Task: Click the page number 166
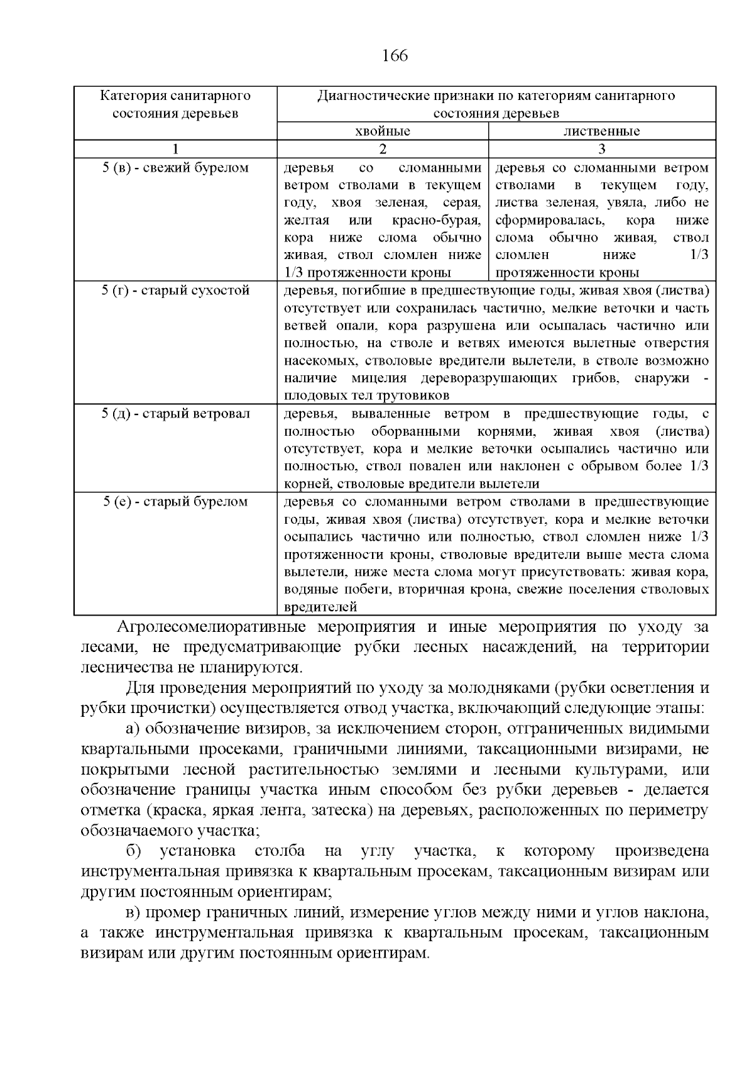(x=395, y=56)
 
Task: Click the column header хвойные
(x=382, y=131)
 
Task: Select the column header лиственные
(x=601, y=131)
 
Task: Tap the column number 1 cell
(x=175, y=149)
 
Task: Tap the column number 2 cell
(x=382, y=149)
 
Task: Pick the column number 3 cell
(x=601, y=149)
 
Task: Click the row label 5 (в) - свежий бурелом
(x=175, y=168)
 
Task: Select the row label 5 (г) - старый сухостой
(x=175, y=290)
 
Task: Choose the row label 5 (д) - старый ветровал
(x=175, y=414)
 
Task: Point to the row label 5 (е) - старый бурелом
(x=175, y=502)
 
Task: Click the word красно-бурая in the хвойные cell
(x=436, y=221)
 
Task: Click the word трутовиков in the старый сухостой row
(x=412, y=396)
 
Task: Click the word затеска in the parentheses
(x=338, y=810)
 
